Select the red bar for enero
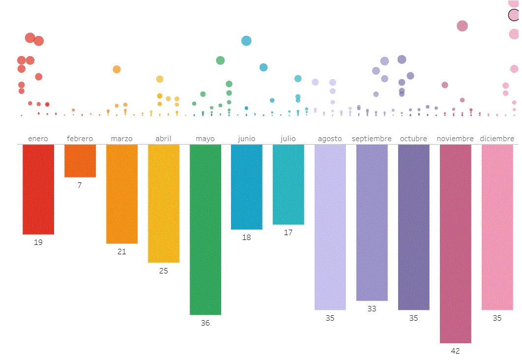[x=38, y=189]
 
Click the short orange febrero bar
[x=80, y=161]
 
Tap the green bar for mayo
[x=205, y=229]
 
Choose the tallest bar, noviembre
[x=455, y=243]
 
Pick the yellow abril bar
[x=163, y=203]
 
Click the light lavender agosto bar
[x=330, y=227]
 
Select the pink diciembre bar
[x=497, y=227]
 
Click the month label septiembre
[x=372, y=139]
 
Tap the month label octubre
[x=413, y=139]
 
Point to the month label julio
[x=288, y=139]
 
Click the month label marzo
[x=121, y=139]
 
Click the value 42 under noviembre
[x=455, y=351]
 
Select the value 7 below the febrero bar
[x=80, y=185]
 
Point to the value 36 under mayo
[x=205, y=323]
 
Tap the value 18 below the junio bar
[x=247, y=238]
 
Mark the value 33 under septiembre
[x=372, y=309]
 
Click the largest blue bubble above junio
[x=246, y=41]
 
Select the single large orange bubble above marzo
[x=116, y=69]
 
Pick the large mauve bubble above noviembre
[x=462, y=26]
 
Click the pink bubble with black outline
[x=514, y=15]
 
